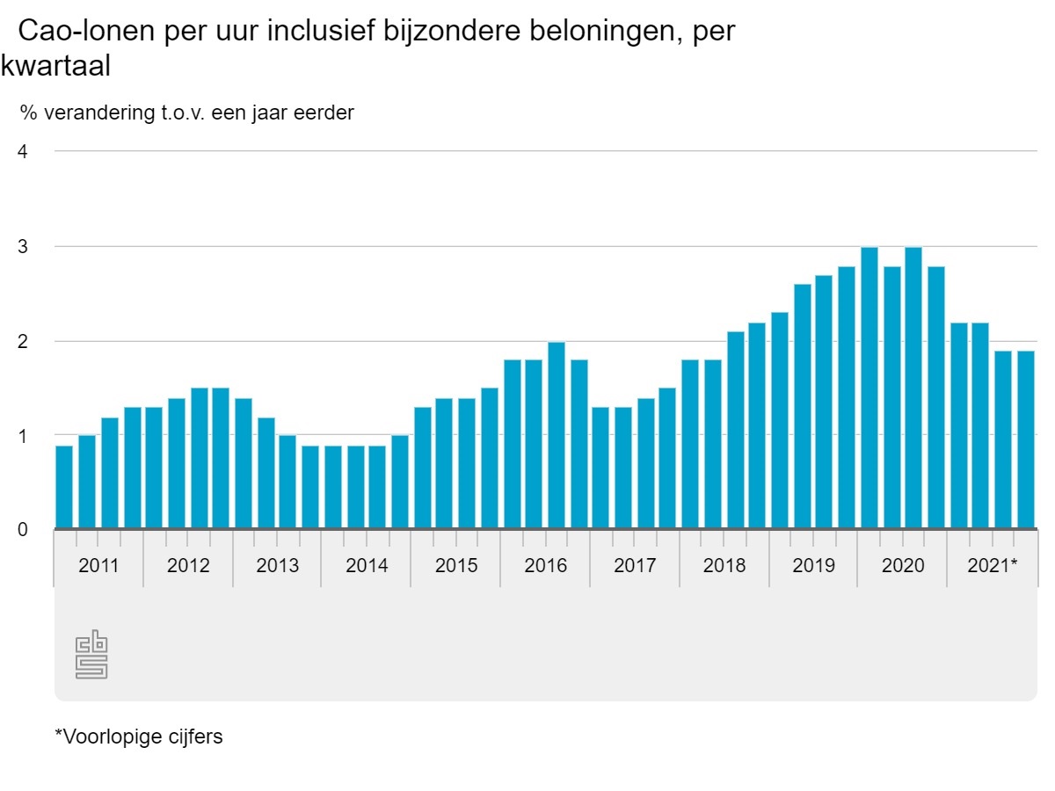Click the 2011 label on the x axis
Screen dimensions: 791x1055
(x=98, y=565)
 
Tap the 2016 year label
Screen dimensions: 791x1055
(x=545, y=565)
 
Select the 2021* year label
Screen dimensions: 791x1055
(x=992, y=565)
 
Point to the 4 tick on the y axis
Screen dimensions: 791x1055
(x=23, y=151)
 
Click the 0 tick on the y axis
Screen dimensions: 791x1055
(x=23, y=529)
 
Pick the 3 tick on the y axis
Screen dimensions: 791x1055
(x=23, y=246)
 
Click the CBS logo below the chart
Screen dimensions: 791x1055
(x=91, y=655)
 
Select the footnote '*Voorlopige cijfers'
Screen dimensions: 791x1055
(x=139, y=737)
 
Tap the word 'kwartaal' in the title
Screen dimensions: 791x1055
(x=55, y=65)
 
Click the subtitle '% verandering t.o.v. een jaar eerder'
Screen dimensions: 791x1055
(x=186, y=112)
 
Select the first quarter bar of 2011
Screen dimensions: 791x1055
(x=64, y=487)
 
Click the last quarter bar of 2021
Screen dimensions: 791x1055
(x=1025, y=439)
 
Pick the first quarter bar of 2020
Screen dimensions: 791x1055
(x=869, y=388)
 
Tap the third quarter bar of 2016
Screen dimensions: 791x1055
(x=556, y=435)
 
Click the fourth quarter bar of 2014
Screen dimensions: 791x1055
(x=400, y=482)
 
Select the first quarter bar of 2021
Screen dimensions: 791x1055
(x=958, y=425)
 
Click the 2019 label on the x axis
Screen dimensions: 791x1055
(x=813, y=565)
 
